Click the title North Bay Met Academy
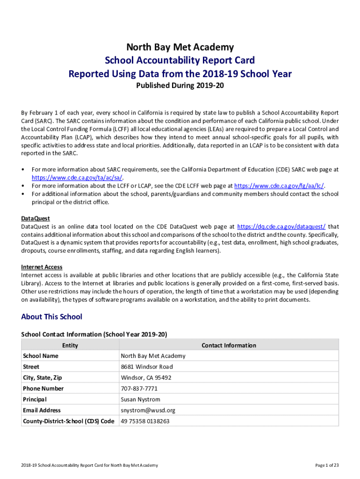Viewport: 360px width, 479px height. (x=180, y=47)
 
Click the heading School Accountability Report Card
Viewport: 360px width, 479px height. (x=180, y=60)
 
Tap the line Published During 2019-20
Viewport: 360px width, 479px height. (x=180, y=86)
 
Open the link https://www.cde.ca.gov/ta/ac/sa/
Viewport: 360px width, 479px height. (x=78, y=178)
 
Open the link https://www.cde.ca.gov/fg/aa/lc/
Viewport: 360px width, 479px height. (x=279, y=186)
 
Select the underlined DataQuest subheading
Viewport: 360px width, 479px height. (x=36, y=218)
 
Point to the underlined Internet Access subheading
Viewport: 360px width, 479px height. (x=42, y=267)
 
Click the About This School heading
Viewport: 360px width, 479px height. (x=51, y=317)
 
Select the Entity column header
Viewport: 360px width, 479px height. (x=70, y=345)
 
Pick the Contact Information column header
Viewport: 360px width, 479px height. (x=229, y=345)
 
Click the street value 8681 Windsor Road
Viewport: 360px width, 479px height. (x=147, y=367)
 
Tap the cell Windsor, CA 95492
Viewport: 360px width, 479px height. (x=146, y=377)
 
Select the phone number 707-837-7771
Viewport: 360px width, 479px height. (x=139, y=389)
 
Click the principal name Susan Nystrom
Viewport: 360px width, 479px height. (x=140, y=399)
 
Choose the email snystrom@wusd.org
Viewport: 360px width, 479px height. (x=148, y=410)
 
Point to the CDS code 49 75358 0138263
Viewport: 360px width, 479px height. (x=145, y=421)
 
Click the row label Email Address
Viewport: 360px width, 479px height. (x=42, y=410)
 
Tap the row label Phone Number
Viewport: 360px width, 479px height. (x=43, y=389)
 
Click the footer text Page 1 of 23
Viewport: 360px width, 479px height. (x=327, y=465)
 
